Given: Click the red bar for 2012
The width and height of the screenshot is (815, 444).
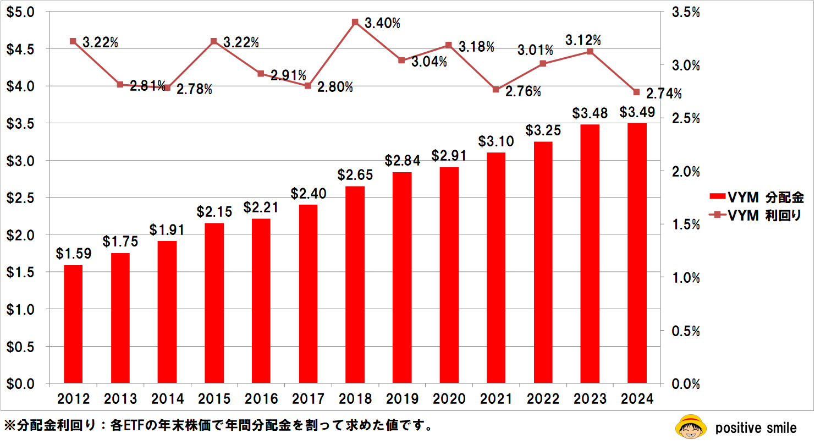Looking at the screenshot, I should click(x=73, y=324).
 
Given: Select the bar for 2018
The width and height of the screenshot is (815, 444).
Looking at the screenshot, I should click(x=355, y=284).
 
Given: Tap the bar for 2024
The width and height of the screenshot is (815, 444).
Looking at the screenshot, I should click(x=637, y=253).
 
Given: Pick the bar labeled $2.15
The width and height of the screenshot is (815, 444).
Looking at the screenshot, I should click(x=214, y=303).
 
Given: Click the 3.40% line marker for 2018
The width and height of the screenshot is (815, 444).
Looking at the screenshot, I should click(x=355, y=23).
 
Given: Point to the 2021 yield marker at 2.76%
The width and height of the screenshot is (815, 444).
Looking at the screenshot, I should click(x=495, y=89).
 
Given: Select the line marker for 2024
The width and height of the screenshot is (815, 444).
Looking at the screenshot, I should click(x=636, y=92).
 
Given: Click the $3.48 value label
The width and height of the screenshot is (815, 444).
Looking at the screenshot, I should click(x=590, y=114).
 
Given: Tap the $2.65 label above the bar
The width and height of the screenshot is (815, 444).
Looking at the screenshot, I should click(x=355, y=176).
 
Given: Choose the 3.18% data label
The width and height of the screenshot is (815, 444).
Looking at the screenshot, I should click(x=476, y=47).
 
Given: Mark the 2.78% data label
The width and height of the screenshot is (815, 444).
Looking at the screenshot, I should click(x=194, y=89).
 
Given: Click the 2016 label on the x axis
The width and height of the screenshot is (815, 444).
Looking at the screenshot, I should click(x=261, y=398).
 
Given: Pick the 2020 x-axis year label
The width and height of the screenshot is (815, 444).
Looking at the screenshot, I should click(x=449, y=398).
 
